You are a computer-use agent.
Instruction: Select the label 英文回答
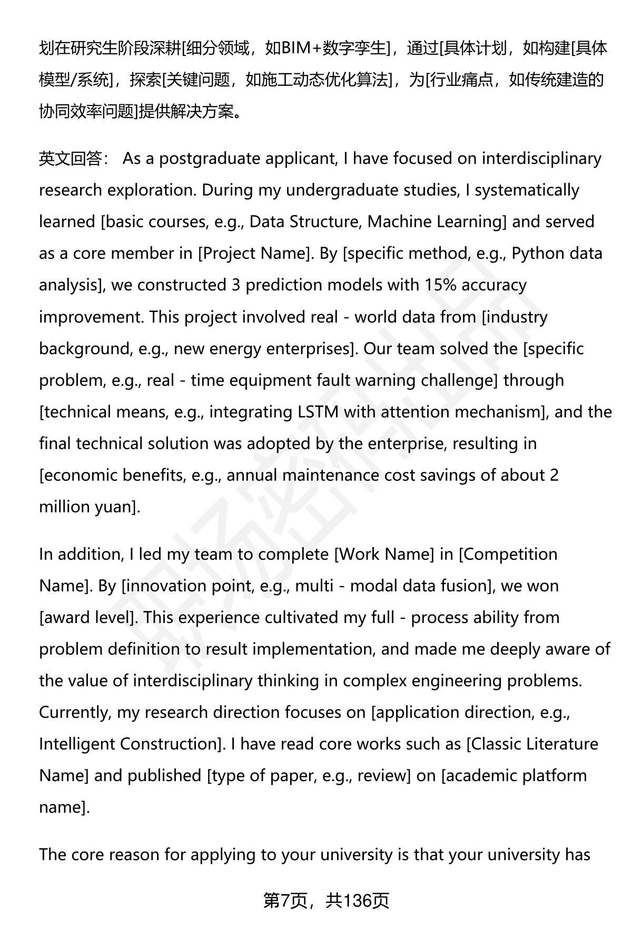(71, 159)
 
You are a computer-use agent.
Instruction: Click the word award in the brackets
(64, 617)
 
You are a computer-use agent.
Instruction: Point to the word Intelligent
(77, 744)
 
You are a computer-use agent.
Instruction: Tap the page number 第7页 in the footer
(284, 901)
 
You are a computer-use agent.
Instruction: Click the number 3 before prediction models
(236, 285)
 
